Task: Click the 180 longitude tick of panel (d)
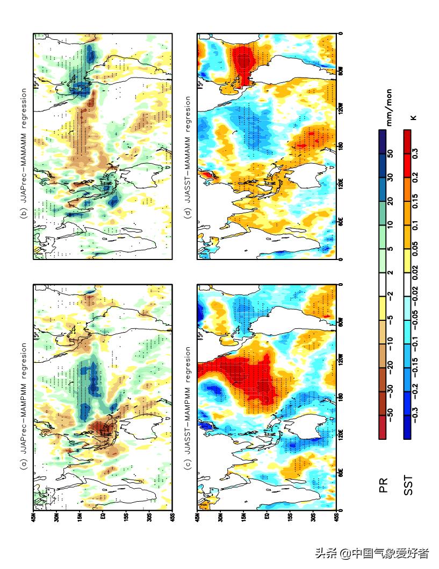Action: (342, 145)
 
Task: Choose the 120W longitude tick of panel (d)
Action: (342, 108)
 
